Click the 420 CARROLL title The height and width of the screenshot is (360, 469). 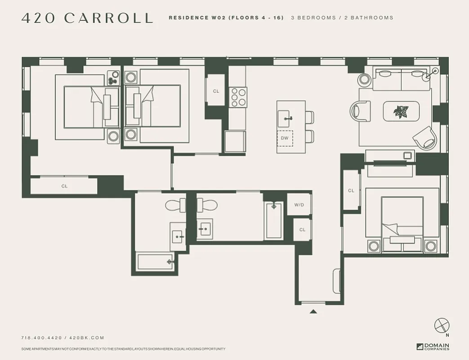87,18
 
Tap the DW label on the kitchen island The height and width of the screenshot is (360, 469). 285,138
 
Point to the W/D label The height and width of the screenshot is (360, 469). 299,205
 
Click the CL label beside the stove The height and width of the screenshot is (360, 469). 216,91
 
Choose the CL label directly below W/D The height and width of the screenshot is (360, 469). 302,229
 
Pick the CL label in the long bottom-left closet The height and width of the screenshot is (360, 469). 64,186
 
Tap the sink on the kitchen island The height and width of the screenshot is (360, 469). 286,119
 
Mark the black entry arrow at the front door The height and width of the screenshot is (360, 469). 313,311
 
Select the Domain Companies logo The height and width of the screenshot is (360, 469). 433,346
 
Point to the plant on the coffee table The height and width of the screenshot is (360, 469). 401,111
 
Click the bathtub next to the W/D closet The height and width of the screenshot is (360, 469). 274,221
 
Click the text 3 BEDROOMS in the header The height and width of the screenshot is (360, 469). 313,18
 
